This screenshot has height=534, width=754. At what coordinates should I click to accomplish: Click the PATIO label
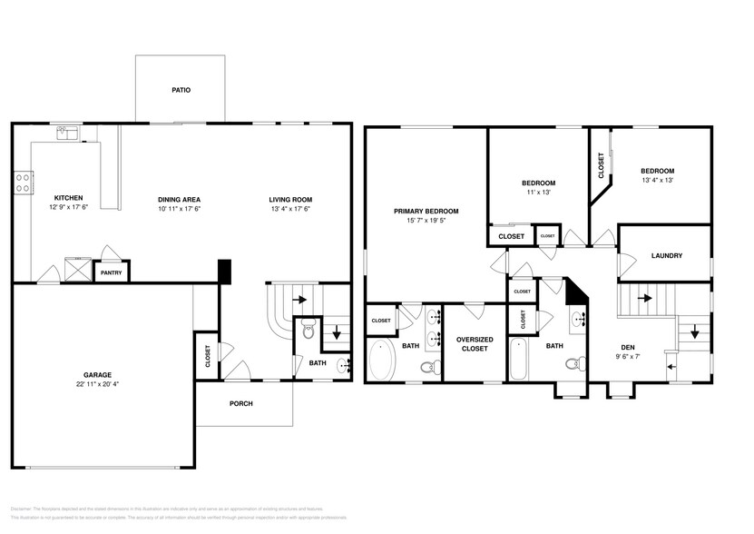point(181,91)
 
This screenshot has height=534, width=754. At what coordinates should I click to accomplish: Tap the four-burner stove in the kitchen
point(23,182)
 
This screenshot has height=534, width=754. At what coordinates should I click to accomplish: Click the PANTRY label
point(111,272)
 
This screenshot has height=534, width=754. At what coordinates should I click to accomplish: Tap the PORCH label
point(240,403)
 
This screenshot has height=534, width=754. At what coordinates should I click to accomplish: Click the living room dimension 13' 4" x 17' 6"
point(289,210)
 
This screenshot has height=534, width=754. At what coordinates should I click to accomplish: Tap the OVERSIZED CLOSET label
point(474,343)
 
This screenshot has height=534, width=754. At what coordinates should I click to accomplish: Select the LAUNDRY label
point(666,256)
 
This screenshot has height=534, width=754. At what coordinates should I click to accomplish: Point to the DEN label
point(628,347)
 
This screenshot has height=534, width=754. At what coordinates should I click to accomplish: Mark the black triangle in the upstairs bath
point(574,292)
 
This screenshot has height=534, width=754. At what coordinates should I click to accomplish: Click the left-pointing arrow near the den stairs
point(671,366)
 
